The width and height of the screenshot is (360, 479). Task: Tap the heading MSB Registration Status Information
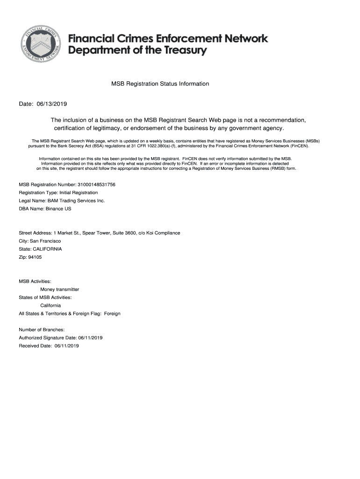point(160,84)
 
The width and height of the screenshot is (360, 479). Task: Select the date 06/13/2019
point(55,103)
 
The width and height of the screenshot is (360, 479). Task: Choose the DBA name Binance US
point(58,209)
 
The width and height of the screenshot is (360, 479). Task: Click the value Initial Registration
point(79,192)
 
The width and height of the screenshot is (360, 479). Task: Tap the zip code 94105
point(35,257)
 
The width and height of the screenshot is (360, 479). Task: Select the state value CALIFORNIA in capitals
point(47,249)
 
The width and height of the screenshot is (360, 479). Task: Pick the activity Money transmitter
point(59,289)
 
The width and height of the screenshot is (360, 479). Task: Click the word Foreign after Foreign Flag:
point(112,313)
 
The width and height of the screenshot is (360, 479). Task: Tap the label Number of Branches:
point(42,330)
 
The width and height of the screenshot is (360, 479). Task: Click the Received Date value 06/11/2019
point(67,346)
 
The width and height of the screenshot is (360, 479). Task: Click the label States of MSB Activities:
point(45,297)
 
